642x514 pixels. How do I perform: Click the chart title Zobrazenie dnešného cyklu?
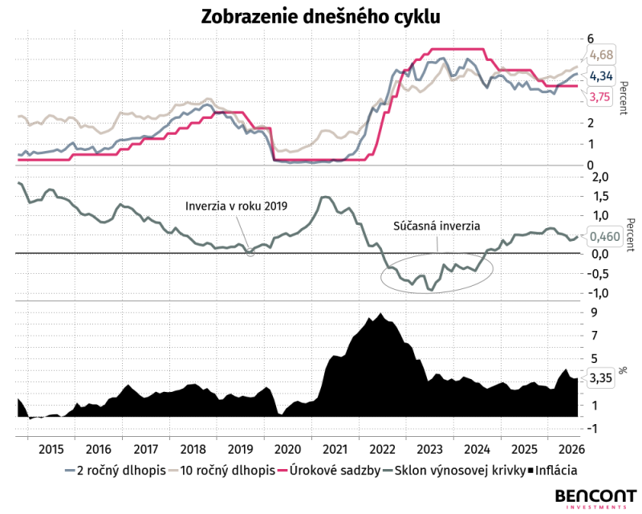320,17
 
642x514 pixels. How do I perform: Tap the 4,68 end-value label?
601,55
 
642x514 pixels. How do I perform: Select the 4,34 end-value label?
601,75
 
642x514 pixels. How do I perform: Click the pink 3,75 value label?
599,97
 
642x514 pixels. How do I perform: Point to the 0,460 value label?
605,236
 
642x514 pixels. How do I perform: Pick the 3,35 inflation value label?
600,377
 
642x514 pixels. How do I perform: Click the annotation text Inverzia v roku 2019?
236,206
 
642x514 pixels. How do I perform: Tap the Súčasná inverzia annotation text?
437,226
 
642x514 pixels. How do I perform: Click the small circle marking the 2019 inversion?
250,252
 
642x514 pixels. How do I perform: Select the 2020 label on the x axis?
287,449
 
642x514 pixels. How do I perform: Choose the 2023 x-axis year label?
429,449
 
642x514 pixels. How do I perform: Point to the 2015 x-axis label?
51,449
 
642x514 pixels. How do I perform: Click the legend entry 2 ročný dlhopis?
116,471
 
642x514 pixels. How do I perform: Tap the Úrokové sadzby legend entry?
329,471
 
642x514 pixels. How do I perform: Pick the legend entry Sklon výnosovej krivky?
454,471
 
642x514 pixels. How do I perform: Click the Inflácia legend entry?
552,471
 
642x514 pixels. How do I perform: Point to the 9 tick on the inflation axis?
592,312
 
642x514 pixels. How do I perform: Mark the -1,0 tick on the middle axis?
598,293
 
